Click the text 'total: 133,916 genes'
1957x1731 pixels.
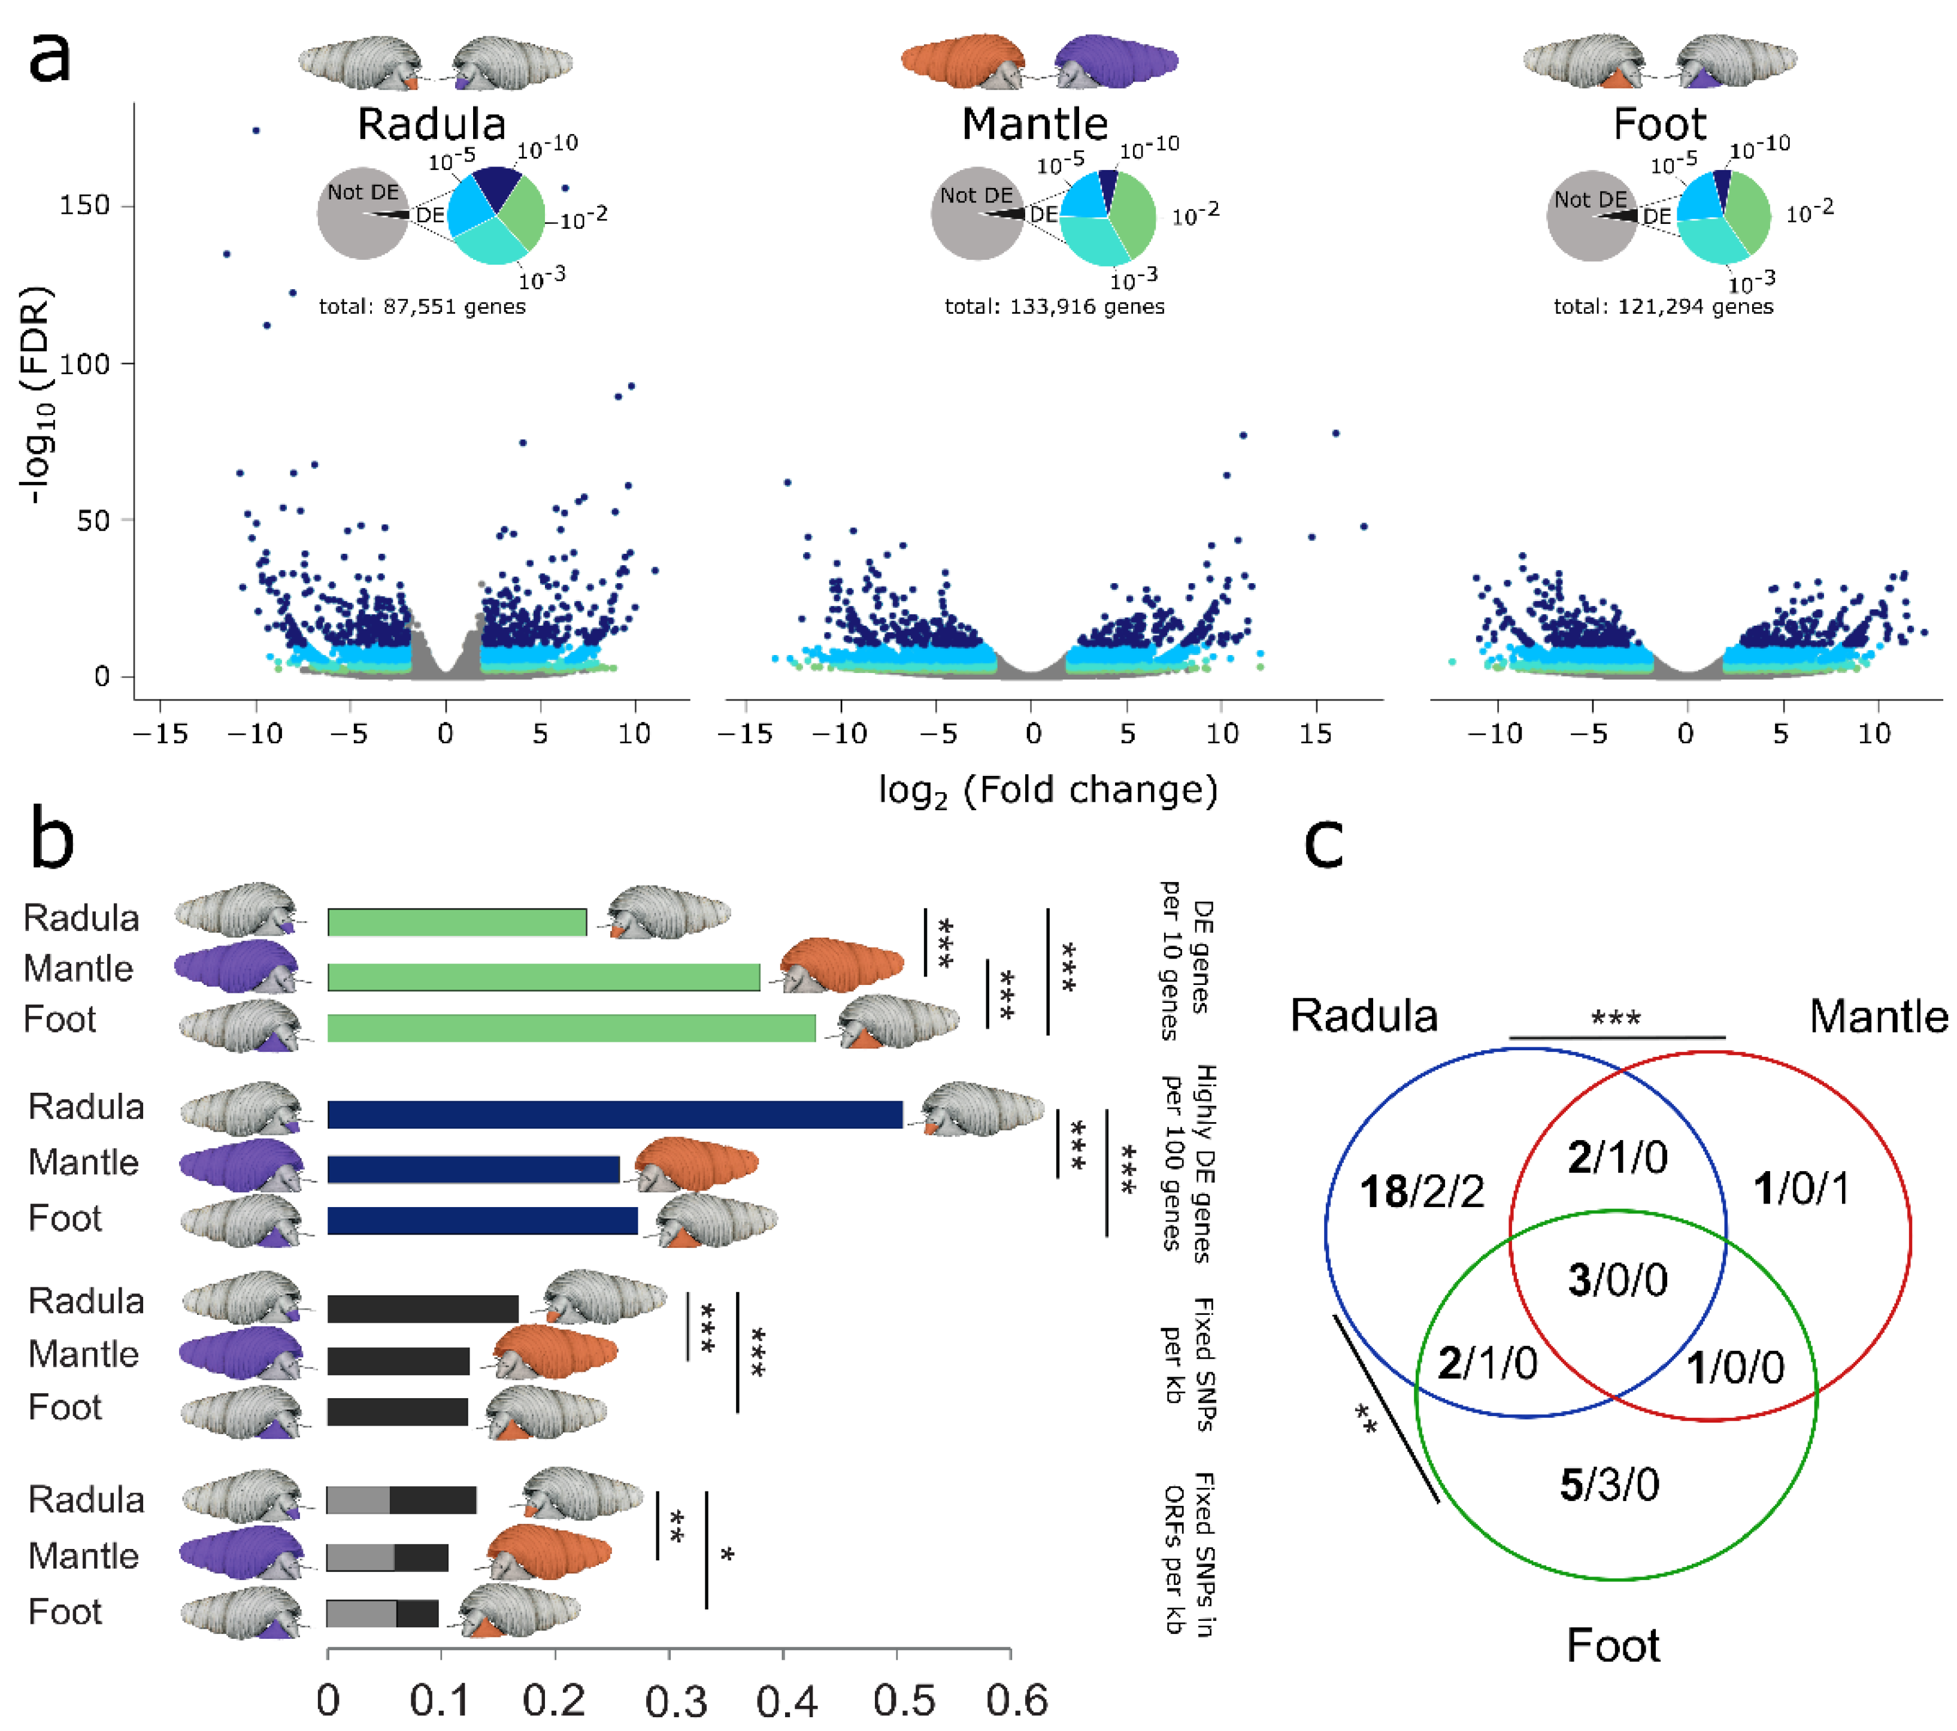point(1054,307)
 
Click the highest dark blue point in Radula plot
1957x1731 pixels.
point(256,130)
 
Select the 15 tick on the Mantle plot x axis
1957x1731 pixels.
point(1316,734)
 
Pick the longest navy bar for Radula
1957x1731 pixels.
point(614,1114)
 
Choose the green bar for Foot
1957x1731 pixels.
point(571,1028)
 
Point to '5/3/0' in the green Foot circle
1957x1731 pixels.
point(1610,1485)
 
